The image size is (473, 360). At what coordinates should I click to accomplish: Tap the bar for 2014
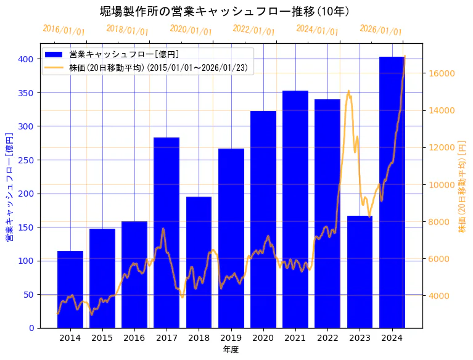pos(70,290)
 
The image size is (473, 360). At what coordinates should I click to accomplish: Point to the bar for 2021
pos(295,210)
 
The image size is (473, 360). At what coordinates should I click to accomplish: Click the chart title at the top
pos(224,12)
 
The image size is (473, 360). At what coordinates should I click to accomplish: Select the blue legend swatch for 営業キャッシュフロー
pos(54,54)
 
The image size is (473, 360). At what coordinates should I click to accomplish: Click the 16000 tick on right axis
pos(442,73)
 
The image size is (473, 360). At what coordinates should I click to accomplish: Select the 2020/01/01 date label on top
pos(191,30)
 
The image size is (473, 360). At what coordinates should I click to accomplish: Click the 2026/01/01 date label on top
pos(380,30)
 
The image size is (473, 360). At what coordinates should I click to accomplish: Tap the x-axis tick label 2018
pos(199,338)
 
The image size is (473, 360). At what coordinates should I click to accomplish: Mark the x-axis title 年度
pos(231,350)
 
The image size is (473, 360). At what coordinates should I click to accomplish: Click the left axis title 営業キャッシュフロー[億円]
pos(9,186)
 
